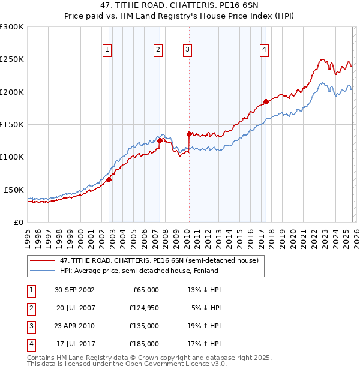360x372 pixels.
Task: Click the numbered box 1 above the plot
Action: [x=107, y=50]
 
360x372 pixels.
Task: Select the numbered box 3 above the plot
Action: [x=187, y=50]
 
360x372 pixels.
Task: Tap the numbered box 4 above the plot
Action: [x=264, y=50]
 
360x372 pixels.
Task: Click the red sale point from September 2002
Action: [x=109, y=179]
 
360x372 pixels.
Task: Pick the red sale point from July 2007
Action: [x=160, y=140]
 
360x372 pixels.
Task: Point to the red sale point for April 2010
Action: [x=189, y=134]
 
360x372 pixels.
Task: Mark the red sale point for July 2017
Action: [x=266, y=101]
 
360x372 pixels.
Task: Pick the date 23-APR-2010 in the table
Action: [x=74, y=326]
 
